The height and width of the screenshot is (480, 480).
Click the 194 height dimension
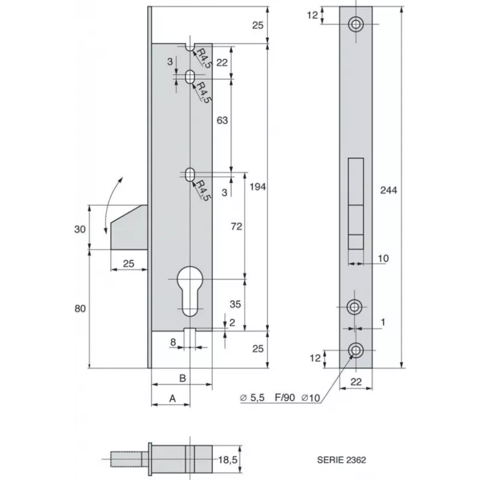[x=257, y=187]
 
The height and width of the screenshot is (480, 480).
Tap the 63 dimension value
[x=222, y=121]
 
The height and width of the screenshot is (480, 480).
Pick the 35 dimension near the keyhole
[x=235, y=304]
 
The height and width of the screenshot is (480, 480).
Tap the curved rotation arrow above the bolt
[x=112, y=204]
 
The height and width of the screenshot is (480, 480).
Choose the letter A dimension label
[x=172, y=397]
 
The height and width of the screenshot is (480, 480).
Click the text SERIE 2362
[x=341, y=461]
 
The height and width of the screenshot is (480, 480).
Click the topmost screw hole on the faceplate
[x=356, y=24]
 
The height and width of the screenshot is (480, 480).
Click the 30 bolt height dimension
[x=79, y=229]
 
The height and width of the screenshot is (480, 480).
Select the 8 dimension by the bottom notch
[x=173, y=343]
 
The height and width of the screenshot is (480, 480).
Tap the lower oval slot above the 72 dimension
[x=190, y=174]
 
